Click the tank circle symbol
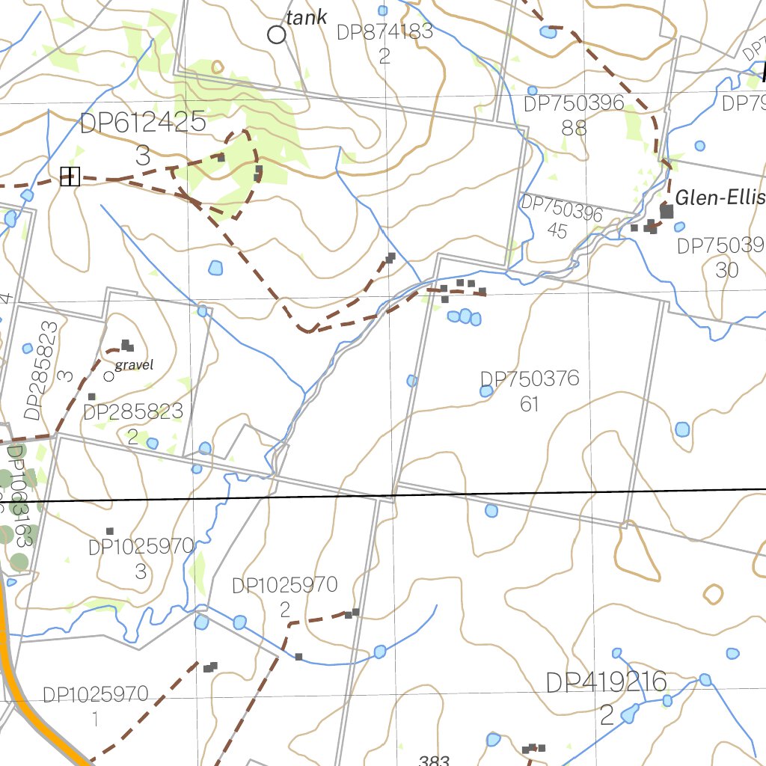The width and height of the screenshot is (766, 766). (277, 34)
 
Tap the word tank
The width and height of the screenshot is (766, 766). (307, 17)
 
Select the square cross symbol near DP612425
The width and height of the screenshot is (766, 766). (70, 177)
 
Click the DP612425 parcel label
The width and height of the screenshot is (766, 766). (143, 123)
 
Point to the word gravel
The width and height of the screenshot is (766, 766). (135, 366)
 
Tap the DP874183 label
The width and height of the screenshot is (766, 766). (384, 32)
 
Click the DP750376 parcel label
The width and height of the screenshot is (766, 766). (530, 379)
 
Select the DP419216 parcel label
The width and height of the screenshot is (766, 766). (606, 682)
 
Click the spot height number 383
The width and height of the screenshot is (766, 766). (434, 760)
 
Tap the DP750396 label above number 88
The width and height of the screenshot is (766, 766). (574, 104)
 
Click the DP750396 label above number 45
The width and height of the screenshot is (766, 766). (562, 209)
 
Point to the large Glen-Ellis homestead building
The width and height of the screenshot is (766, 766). (667, 212)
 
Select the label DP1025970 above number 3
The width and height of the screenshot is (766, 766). (141, 547)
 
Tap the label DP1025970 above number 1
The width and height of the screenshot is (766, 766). (96, 696)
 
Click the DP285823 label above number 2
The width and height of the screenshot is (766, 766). (133, 411)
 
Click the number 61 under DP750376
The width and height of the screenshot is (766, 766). (530, 405)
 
